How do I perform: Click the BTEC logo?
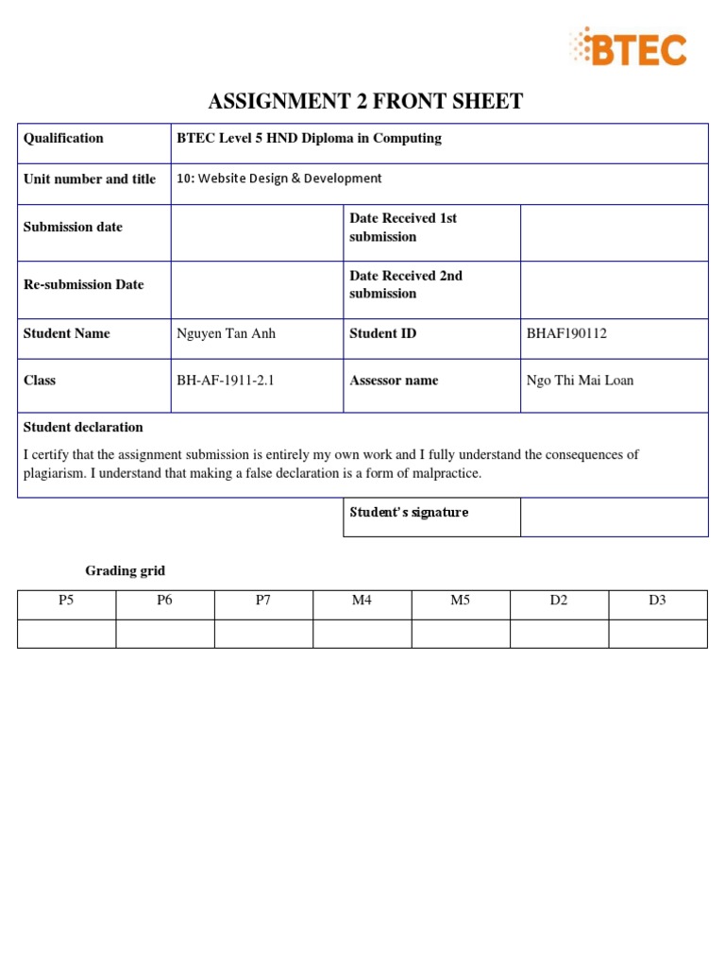click(x=627, y=47)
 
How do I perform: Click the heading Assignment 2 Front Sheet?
click(x=365, y=102)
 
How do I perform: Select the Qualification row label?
click(x=63, y=138)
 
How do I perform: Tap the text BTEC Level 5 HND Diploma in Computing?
click(x=309, y=138)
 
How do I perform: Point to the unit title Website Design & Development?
click(x=279, y=178)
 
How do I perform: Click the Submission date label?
click(x=73, y=227)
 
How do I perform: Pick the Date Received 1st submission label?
click(x=403, y=228)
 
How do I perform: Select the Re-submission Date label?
click(x=83, y=284)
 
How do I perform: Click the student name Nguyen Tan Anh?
click(x=227, y=333)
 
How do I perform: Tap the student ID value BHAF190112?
click(x=566, y=333)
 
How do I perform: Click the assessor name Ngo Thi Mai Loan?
click(x=580, y=381)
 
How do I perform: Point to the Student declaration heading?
click(x=83, y=427)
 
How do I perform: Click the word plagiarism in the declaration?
click(x=53, y=473)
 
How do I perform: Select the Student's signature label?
click(x=409, y=512)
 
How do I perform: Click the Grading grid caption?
click(x=125, y=570)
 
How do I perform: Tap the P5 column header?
click(x=66, y=601)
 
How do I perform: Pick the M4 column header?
click(x=362, y=601)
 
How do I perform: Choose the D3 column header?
click(x=657, y=601)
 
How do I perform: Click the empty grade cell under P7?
click(x=263, y=634)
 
